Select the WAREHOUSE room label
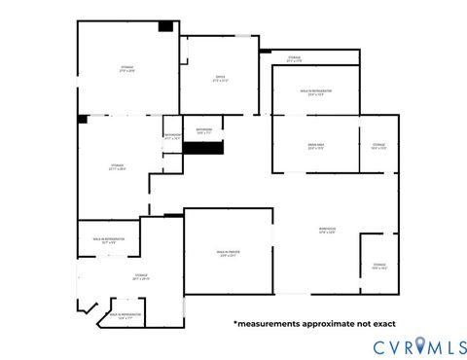coord(328,231)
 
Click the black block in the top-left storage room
coord(166,25)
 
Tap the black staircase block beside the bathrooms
coord(205,148)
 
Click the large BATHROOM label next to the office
coord(203,129)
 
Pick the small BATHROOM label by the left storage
coord(172,136)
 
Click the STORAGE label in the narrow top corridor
coord(294,58)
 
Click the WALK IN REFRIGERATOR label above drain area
coord(315,91)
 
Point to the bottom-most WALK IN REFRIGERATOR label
coord(126,315)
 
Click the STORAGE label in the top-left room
coord(126,68)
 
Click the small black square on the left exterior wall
coord(84,119)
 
